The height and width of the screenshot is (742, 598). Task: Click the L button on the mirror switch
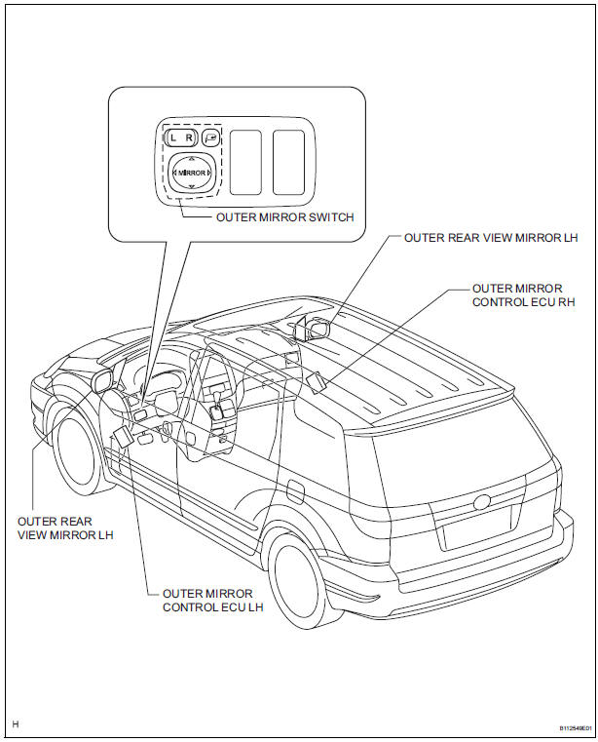pos(172,138)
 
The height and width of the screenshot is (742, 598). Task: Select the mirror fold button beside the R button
pos(211,138)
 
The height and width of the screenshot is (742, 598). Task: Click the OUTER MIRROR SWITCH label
pos(285,216)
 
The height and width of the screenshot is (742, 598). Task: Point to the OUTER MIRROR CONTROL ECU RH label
pos(516,294)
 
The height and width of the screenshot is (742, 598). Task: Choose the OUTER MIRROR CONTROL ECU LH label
pos(208,599)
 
